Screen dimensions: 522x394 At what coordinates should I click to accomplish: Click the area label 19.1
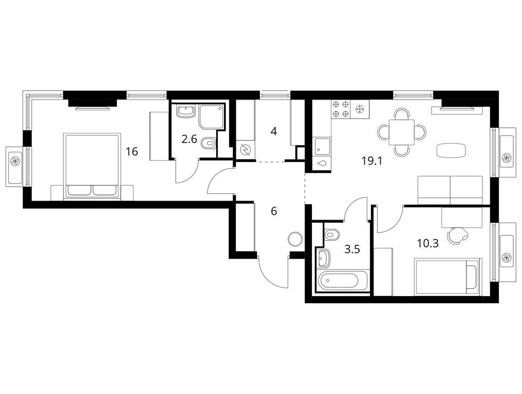372,161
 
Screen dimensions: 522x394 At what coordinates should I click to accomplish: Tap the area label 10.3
428,244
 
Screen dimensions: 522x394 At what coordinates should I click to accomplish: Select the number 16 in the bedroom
132,152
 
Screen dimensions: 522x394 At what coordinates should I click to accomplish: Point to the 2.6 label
189,139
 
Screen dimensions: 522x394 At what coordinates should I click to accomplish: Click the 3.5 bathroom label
352,249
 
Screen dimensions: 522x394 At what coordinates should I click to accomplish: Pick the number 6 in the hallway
274,211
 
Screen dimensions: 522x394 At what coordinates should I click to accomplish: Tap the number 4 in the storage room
274,132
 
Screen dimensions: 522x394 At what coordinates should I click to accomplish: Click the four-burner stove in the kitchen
341,109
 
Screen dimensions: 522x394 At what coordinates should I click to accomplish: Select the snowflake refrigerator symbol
360,109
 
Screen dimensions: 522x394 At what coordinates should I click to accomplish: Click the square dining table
402,132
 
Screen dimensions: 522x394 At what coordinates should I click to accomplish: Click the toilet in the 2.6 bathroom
209,144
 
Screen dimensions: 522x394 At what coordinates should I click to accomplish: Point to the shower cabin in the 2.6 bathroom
211,116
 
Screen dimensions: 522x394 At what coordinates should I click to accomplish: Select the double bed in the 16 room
91,166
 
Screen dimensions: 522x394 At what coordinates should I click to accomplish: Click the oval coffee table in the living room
451,151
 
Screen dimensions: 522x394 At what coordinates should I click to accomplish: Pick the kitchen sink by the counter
322,147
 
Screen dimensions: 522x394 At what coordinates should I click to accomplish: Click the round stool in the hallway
295,239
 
